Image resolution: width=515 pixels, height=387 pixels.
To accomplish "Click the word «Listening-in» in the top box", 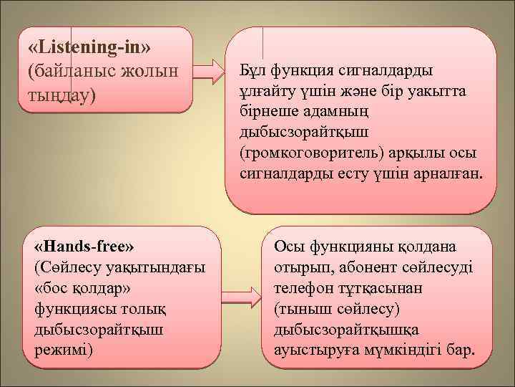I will (89, 47).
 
